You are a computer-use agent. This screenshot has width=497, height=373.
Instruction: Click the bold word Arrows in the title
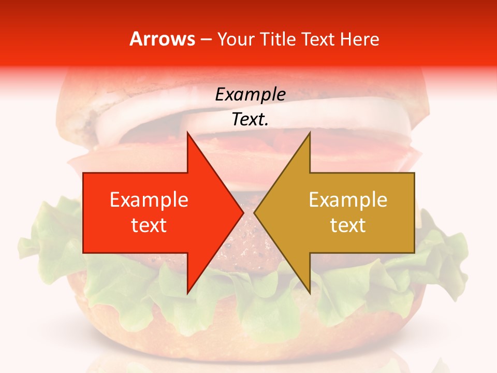click(x=162, y=39)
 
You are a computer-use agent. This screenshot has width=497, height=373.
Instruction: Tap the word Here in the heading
click(x=359, y=39)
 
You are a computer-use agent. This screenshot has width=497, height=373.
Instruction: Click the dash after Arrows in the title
click(x=206, y=40)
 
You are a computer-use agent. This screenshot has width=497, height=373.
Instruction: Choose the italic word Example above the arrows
click(x=250, y=94)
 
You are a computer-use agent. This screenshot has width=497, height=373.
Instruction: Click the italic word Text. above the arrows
click(x=250, y=120)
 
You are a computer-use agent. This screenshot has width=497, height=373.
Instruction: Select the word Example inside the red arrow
click(x=149, y=200)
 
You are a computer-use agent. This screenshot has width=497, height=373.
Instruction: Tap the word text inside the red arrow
click(x=149, y=225)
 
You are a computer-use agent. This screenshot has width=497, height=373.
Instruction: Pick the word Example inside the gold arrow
click(x=348, y=200)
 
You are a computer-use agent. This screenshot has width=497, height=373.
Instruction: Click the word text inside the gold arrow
click(x=348, y=225)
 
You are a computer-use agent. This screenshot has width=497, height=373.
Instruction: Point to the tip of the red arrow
click(x=243, y=212)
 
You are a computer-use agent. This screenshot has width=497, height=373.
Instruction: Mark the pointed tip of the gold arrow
click(x=255, y=212)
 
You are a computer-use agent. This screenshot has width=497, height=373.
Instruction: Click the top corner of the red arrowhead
click(x=187, y=133)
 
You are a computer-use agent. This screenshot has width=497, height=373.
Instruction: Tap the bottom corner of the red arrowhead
click(x=187, y=293)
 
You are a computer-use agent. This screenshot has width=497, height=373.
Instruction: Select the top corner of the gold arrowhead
click(x=310, y=133)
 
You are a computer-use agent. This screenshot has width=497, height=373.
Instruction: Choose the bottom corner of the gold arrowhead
click(x=310, y=293)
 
